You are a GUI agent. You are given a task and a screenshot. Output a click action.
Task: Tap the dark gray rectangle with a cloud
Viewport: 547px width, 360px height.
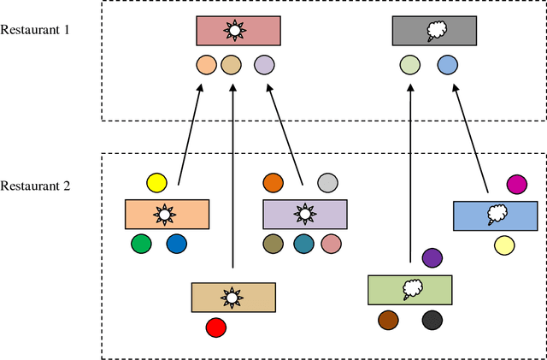pyautogui.click(x=434, y=32)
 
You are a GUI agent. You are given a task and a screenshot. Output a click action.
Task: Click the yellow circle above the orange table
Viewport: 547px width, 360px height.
pyautogui.click(x=156, y=182)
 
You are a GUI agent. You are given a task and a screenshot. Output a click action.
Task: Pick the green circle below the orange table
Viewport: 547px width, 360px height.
pyautogui.click(x=140, y=245)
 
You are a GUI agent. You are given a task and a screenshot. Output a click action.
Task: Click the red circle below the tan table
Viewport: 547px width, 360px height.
pyautogui.click(x=216, y=327)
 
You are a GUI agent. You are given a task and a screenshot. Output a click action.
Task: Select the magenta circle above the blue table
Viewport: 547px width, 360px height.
pyautogui.click(x=516, y=184)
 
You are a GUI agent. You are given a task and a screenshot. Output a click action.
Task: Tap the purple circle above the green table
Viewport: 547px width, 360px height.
pyautogui.click(x=432, y=257)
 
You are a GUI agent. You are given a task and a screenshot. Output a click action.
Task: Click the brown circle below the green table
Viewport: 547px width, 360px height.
pyautogui.click(x=389, y=320)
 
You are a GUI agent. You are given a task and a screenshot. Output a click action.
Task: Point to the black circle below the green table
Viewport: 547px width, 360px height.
pyautogui.click(x=432, y=320)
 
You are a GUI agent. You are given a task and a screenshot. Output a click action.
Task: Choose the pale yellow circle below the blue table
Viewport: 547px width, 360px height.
pyautogui.click(x=504, y=246)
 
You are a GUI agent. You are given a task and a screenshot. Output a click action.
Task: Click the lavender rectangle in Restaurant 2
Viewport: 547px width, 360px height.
pyautogui.click(x=304, y=214)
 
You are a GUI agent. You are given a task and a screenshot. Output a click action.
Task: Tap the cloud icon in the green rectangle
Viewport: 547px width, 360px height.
pyautogui.click(x=411, y=289)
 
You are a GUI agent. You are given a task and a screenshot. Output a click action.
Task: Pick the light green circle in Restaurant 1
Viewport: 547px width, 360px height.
pyautogui.click(x=410, y=64)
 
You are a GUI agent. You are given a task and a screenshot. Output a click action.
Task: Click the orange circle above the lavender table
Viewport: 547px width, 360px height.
pyautogui.click(x=273, y=182)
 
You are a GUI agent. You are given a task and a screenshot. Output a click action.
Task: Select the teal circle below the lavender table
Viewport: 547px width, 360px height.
pyautogui.click(x=303, y=245)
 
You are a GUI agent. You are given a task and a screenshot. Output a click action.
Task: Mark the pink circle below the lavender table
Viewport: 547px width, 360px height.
pyautogui.click(x=332, y=245)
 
